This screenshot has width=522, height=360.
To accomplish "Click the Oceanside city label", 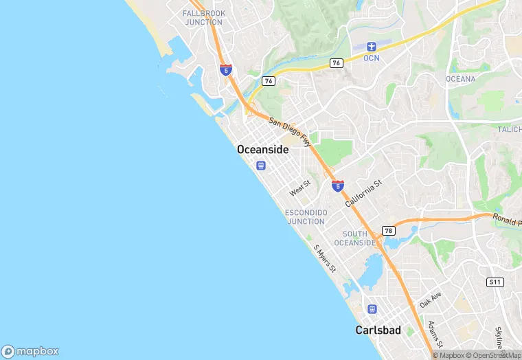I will click(x=262, y=149).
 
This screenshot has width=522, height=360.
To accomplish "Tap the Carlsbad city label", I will click(x=378, y=330).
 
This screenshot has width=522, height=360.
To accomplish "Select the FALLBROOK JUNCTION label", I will click(x=203, y=18).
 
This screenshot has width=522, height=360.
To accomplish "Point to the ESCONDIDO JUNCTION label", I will click(x=306, y=217).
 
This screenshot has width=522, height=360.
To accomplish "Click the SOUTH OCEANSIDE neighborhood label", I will click(x=355, y=238).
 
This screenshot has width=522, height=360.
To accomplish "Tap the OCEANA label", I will click(x=460, y=79).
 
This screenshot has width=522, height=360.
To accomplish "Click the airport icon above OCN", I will click(x=372, y=47).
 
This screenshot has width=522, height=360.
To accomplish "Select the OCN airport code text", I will click(x=372, y=58).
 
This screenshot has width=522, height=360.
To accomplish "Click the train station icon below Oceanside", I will click(x=260, y=165).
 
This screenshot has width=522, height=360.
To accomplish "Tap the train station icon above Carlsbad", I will click(x=372, y=309).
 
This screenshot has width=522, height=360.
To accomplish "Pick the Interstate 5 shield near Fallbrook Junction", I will click(x=226, y=69).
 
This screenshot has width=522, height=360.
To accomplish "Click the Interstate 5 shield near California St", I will click(x=338, y=185).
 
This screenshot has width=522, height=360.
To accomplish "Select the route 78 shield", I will click(x=389, y=231).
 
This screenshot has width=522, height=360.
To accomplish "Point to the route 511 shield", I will click(x=495, y=282).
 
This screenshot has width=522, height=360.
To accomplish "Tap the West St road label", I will click(x=300, y=187).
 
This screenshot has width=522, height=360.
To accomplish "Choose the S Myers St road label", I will click(x=324, y=258).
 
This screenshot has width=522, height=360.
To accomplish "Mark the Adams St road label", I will click(x=435, y=334).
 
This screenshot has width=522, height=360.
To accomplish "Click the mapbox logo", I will click(x=31, y=351).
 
